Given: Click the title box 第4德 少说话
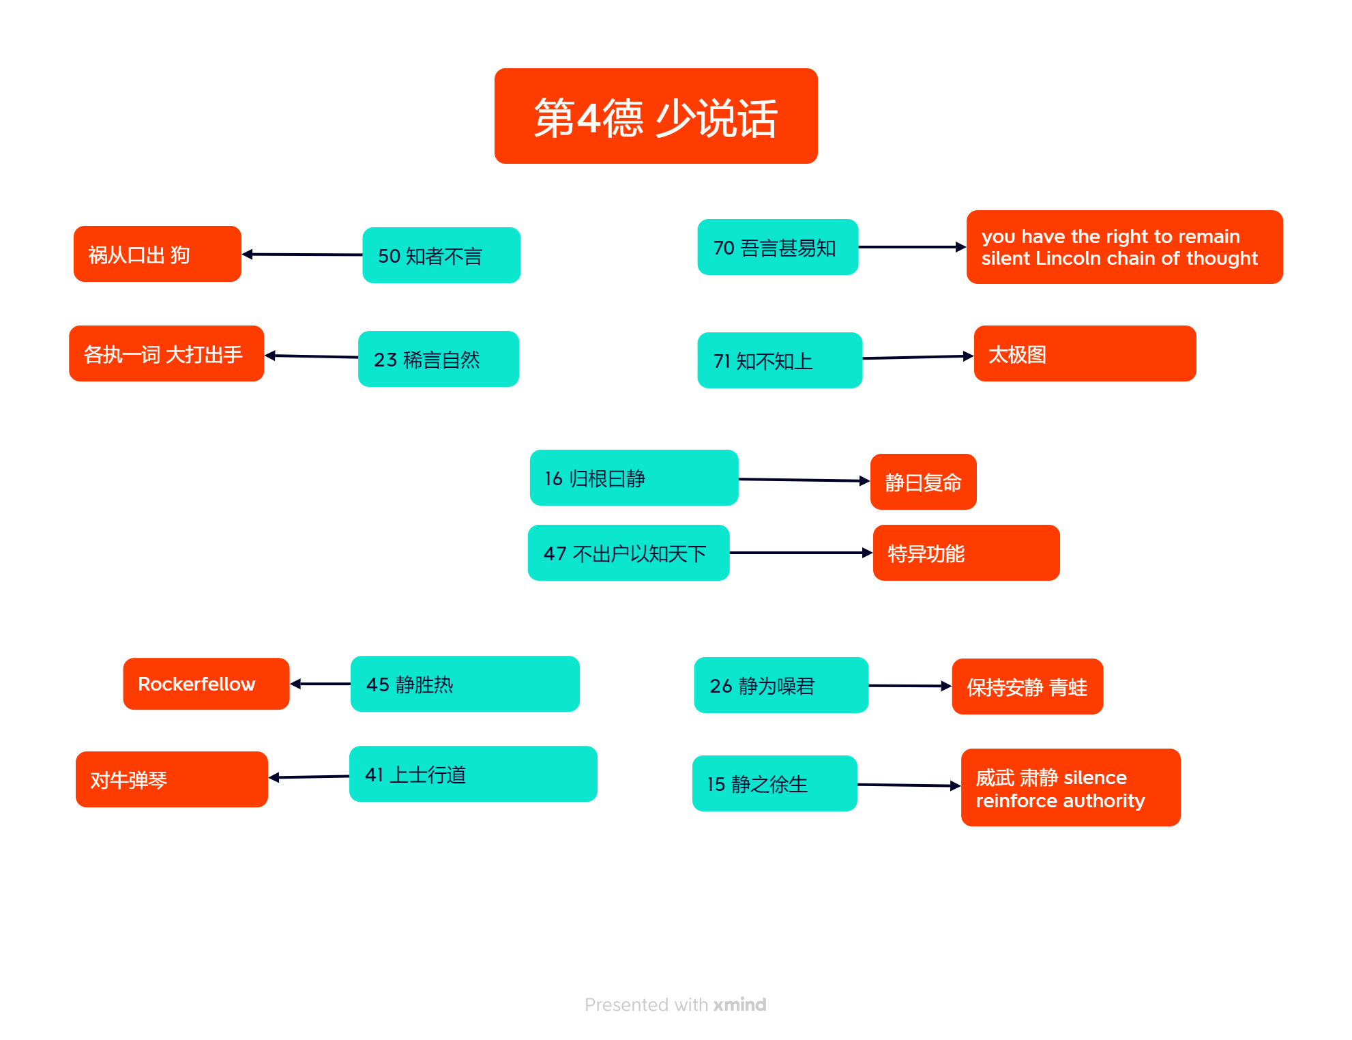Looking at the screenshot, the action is click(x=656, y=116).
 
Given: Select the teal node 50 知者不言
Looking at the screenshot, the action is click(x=441, y=255).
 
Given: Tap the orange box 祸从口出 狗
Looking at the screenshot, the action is click(x=158, y=254).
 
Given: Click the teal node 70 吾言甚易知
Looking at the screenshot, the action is click(x=778, y=247).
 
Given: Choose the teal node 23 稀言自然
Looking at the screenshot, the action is click(x=439, y=359).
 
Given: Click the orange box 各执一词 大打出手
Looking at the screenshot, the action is click(x=166, y=353).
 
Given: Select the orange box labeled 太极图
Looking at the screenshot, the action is click(x=1085, y=353).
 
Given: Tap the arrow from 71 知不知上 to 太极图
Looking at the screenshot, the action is click(x=918, y=357).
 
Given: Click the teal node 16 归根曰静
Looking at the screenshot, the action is click(x=634, y=478).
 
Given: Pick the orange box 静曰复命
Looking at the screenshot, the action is click(x=923, y=482).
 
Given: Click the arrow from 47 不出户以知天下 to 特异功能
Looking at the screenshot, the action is click(x=801, y=553).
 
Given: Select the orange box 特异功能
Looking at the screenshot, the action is click(x=966, y=553).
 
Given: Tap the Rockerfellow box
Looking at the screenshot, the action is click(x=206, y=684).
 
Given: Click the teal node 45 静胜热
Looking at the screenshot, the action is click(x=465, y=684).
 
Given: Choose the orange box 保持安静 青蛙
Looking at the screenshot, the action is click(x=1027, y=687).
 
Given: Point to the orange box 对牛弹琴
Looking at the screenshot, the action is click(x=171, y=779).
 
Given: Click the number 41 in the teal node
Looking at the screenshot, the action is click(x=374, y=775).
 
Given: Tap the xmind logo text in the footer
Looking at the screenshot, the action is click(x=739, y=1005).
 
